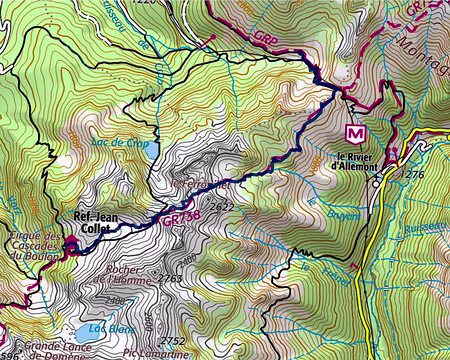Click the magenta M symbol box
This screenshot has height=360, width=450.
[353, 132]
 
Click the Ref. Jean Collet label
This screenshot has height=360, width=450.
[96, 222]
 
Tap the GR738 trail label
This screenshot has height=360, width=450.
[170, 223]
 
